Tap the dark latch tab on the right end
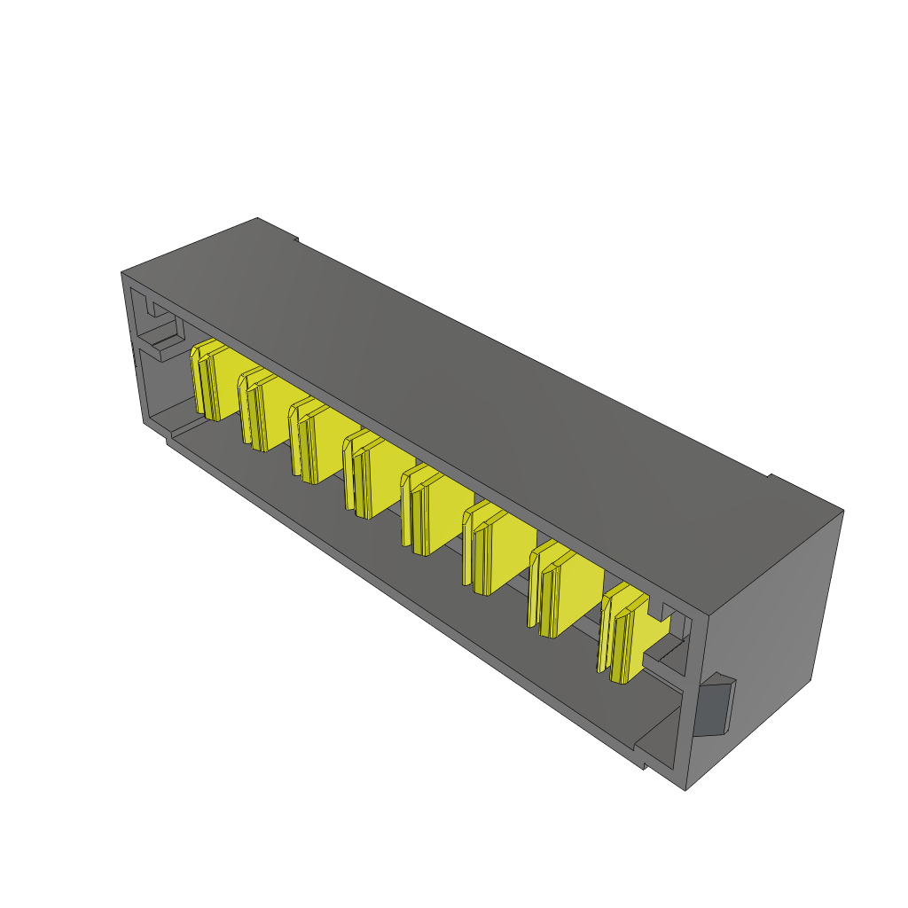point(715,706)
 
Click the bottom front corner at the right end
point(687,787)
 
